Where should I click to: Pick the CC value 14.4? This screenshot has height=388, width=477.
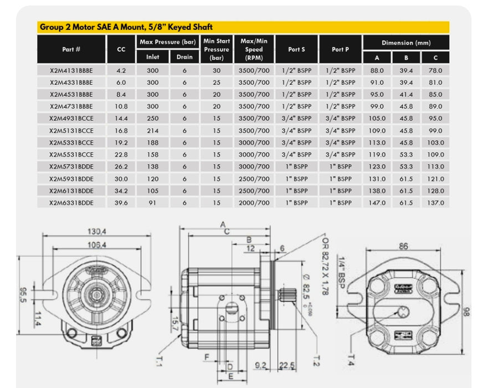click(121, 119)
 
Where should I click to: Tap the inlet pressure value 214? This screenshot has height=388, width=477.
click(152, 131)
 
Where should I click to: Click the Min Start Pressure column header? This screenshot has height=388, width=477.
click(217, 49)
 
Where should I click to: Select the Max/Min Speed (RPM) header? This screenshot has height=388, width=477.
click(254, 49)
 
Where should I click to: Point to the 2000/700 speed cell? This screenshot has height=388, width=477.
click(254, 203)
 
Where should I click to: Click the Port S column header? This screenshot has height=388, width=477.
click(296, 49)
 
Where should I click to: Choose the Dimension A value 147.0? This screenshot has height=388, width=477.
click(377, 203)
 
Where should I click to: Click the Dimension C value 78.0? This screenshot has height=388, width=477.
click(435, 71)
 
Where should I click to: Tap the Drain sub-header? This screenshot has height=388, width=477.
click(184, 57)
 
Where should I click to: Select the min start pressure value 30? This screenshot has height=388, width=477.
click(217, 71)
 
